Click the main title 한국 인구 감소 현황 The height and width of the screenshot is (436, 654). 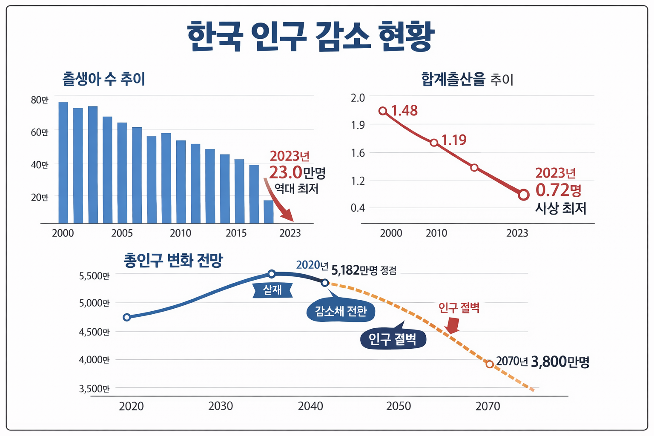pyautogui.click(x=310, y=36)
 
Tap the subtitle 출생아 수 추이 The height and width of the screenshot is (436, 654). pyautogui.click(x=103, y=79)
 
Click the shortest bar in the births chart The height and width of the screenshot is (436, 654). pyautogui.click(x=268, y=212)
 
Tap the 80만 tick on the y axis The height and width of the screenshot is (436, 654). pyautogui.click(x=40, y=100)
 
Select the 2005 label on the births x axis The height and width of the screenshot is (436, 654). pyautogui.click(x=122, y=233)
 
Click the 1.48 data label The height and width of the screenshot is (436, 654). pyautogui.click(x=404, y=111)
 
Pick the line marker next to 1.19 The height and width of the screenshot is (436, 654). pyautogui.click(x=434, y=143)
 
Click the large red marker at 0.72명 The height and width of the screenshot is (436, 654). pyautogui.click(x=524, y=195)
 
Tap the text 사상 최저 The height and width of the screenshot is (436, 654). pyautogui.click(x=560, y=209)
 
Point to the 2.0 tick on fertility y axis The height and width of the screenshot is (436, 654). pyautogui.click(x=358, y=98)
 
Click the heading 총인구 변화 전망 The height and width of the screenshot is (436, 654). pyautogui.click(x=173, y=260)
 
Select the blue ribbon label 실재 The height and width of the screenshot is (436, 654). pyautogui.click(x=272, y=290)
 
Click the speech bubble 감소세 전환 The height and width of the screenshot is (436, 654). pyautogui.click(x=341, y=311)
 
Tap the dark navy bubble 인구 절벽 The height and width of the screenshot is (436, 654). pyautogui.click(x=392, y=339)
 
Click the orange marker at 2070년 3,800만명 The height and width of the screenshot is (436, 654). pyautogui.click(x=490, y=364)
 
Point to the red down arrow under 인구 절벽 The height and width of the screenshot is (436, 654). pyautogui.click(x=453, y=326)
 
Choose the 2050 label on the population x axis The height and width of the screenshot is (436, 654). pyautogui.click(x=399, y=406)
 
